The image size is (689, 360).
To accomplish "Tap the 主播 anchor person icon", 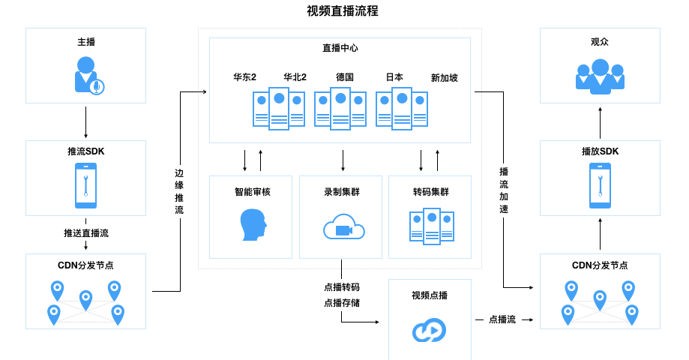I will pos(87,76).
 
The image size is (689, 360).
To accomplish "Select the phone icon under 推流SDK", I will pos(85,186).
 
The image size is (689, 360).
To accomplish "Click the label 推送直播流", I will pos(85,233).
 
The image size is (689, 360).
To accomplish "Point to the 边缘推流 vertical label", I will pos(178,191).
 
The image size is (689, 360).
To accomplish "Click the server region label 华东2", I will pos(244,77).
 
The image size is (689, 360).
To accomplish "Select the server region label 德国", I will pos(345,77).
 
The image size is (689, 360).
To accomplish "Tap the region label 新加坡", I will pos(444,77).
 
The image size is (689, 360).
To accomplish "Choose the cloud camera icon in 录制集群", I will pos(343,227).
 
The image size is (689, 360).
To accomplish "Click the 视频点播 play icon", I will pos(430,329).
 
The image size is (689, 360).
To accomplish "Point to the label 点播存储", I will pos(341,303).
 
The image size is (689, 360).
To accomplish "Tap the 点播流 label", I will pos(502,319).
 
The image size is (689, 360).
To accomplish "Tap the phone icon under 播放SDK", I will pos(600,186).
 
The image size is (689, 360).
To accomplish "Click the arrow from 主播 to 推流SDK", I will pos(85,122).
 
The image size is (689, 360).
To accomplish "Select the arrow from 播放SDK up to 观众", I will pos(600,122).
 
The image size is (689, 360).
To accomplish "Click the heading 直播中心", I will pos(340,48).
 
